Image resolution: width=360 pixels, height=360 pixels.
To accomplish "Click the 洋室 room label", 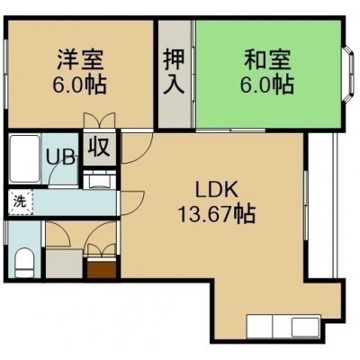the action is coord(80,59).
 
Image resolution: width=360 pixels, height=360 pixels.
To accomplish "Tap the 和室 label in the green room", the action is coord(267,59).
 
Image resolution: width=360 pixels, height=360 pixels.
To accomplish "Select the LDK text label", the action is coord(217,189).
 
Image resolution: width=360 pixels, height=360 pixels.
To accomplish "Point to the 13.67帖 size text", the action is coord(217,214).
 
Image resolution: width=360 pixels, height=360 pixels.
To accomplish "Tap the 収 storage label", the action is coord(99,147).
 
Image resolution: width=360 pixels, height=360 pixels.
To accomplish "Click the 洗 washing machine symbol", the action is coord(21,202).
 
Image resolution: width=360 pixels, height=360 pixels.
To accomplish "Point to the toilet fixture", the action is coord(24,262).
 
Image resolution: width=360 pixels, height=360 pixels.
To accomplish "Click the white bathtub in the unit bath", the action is coord(24,158).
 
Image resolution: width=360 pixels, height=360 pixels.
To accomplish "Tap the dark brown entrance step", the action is coord(102,269).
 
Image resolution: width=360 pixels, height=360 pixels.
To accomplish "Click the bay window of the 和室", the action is coord(348,74).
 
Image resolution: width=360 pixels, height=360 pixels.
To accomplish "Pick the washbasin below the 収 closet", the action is coord(99,180).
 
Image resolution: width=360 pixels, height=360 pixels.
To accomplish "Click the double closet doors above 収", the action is coord(99,121).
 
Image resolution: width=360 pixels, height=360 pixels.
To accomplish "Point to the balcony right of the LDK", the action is coord(323,206).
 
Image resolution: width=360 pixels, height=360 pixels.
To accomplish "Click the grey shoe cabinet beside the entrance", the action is coord(64,263).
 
